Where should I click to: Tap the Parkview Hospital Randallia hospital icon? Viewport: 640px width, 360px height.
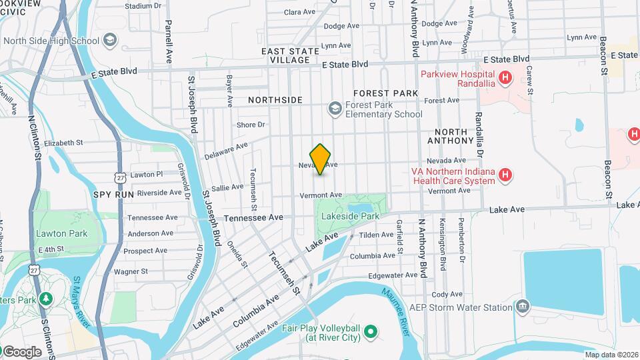point(505,78)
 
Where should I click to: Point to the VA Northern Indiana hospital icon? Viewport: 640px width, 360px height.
point(506,175)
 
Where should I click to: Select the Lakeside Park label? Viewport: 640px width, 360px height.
point(350,216)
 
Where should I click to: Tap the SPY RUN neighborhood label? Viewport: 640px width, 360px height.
point(113,194)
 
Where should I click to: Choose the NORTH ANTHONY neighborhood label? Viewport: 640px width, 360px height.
point(454,137)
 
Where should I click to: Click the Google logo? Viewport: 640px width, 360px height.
point(21,351)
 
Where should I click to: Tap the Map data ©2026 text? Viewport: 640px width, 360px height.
point(611,355)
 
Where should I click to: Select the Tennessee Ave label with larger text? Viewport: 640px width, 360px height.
point(254,218)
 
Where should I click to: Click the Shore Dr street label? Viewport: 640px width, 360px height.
point(251,125)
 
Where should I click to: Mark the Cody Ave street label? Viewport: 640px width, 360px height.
point(447,294)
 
